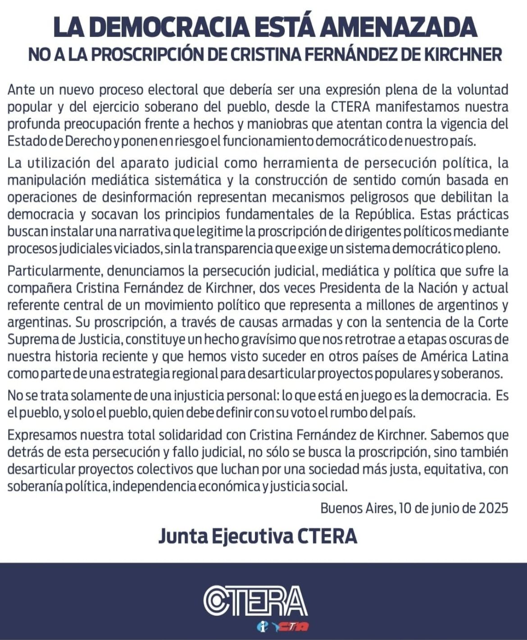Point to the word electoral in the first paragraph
(x=173, y=90)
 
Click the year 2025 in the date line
(x=493, y=508)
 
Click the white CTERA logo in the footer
(x=255, y=601)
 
